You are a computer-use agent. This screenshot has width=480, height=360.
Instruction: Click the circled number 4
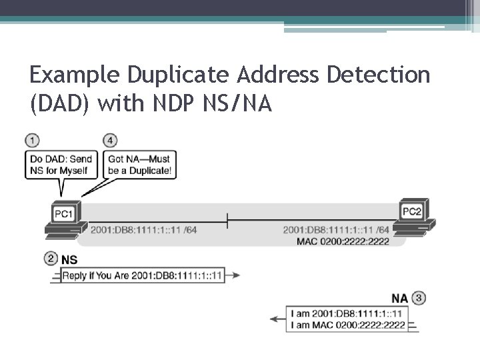pyautogui.click(x=111, y=141)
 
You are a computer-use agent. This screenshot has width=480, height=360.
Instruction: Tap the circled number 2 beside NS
pyautogui.click(x=51, y=259)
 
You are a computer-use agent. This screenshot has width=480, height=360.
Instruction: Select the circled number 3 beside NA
pyautogui.click(x=418, y=297)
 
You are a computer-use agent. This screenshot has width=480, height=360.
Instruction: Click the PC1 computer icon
pyautogui.click(x=65, y=220)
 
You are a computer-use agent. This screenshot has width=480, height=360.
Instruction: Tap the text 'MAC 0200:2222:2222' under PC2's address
pyautogui.click(x=343, y=241)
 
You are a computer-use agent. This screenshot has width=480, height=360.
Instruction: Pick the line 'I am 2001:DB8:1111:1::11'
pyautogui.click(x=347, y=313)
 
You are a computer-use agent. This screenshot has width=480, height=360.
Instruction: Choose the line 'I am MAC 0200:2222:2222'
pyautogui.click(x=348, y=325)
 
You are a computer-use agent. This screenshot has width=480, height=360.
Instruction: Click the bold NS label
pyautogui.click(x=69, y=259)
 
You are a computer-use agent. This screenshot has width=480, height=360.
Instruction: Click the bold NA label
pyautogui.click(x=399, y=298)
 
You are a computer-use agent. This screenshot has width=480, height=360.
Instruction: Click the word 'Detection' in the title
pyautogui.click(x=378, y=75)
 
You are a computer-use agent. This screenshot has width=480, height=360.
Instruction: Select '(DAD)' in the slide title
pyautogui.click(x=59, y=104)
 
